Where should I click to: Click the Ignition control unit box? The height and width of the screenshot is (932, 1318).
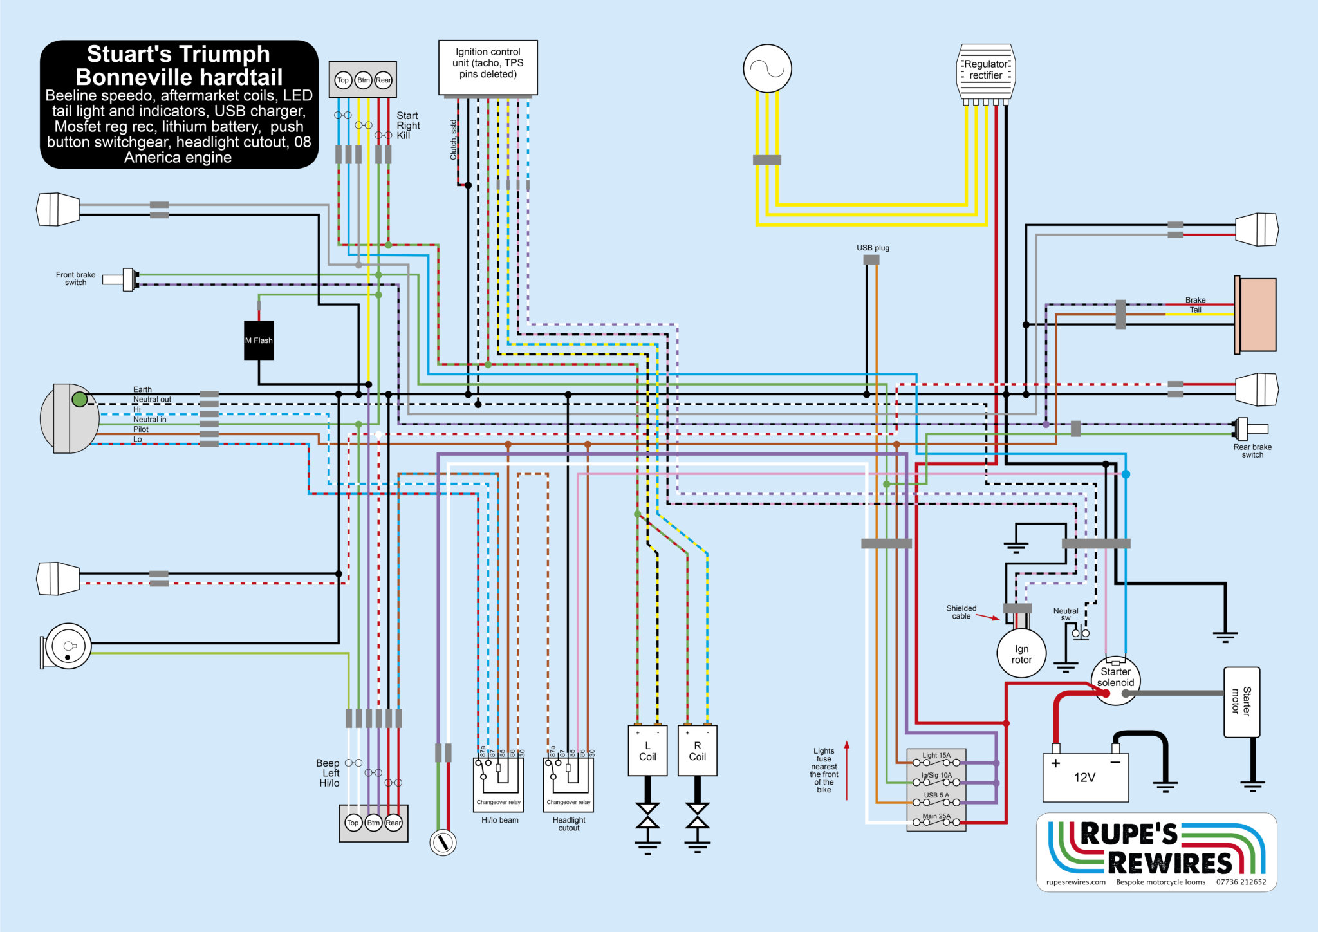pos(488,67)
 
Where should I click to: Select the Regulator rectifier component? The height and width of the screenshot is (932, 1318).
pos(985,71)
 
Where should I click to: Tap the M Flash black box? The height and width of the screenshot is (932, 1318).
pos(259,340)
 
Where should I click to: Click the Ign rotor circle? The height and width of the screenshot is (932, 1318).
pos(1021,654)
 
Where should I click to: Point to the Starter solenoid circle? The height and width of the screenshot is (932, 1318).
pos(1115,680)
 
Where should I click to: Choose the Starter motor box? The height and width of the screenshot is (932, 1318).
pos(1241,702)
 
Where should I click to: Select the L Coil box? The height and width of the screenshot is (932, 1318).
pos(647,751)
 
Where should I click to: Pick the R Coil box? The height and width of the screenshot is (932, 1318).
pos(698,751)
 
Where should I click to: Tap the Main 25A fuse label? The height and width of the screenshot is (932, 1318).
pos(936,816)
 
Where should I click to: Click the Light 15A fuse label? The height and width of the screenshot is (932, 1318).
pos(936,756)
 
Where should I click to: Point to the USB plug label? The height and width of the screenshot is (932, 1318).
pos(873,248)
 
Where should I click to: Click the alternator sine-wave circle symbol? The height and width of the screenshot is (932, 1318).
pos(767,68)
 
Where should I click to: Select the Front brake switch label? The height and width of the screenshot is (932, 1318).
pos(75,279)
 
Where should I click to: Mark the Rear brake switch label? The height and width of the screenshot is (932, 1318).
pos(1252,451)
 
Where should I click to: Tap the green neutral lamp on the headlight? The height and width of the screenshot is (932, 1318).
pos(80,400)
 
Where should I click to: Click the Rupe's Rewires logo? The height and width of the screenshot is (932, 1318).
pos(1156,852)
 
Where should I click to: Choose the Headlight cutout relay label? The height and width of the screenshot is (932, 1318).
pos(569,824)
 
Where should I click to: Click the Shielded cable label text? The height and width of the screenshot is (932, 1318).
pos(961,612)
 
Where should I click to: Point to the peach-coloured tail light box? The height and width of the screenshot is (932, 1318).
pos(1258,315)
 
